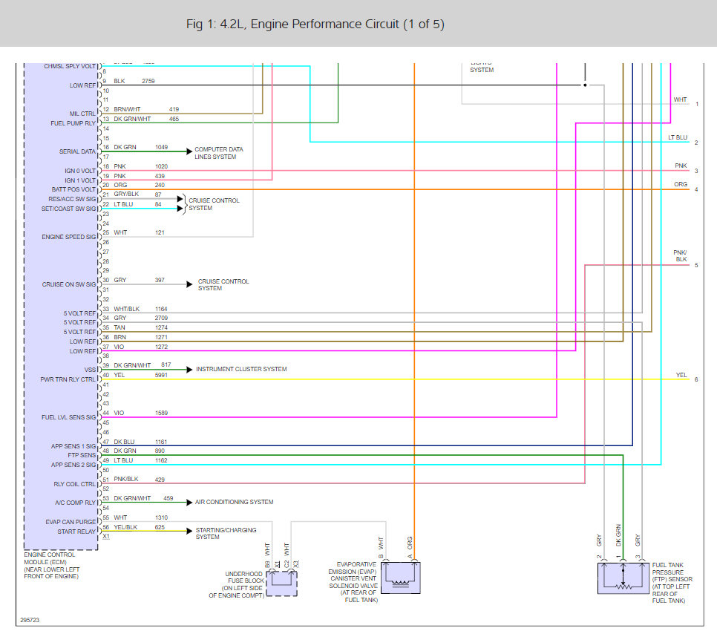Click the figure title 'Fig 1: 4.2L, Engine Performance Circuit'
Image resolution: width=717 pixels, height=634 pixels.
coord(315,24)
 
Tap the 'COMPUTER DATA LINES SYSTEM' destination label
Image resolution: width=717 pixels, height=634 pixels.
coord(219,153)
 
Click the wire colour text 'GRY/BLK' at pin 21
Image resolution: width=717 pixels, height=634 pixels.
coord(125,195)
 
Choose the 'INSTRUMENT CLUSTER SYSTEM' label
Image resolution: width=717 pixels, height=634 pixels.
coord(241,369)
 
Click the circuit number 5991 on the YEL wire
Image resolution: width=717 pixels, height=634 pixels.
coord(162,375)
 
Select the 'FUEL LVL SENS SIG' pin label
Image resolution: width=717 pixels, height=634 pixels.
coord(68,417)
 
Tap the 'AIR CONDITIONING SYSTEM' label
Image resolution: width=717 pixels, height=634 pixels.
coord(235,502)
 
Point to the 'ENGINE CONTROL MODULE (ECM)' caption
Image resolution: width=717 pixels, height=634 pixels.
coord(51,566)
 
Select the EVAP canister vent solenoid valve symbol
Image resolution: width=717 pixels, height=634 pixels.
coord(399,578)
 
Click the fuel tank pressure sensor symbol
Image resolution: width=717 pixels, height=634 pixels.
coord(623,578)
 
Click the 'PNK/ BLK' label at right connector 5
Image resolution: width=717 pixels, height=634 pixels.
coord(681,256)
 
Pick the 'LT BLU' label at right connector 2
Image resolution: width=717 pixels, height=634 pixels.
coord(678,137)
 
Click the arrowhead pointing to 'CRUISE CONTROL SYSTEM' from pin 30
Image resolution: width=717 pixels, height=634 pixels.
coord(189,284)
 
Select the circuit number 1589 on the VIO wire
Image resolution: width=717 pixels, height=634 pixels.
coord(162,413)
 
